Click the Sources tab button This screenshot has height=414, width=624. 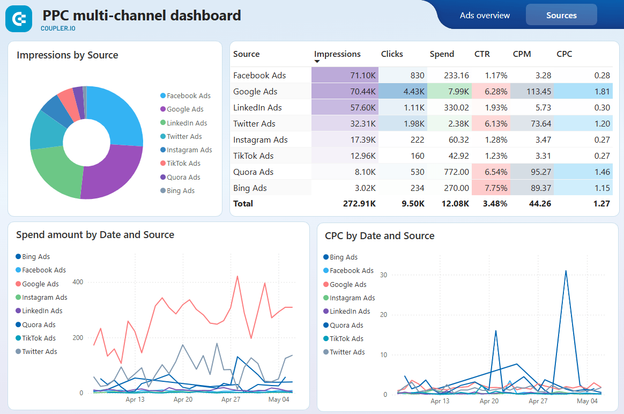pos(561,15)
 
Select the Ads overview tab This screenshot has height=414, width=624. pos(485,15)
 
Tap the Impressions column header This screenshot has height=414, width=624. pos(337,54)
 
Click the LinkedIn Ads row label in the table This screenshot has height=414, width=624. pos(257,107)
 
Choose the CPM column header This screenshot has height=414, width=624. pos(522,54)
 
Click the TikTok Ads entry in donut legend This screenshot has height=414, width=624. pos(183,164)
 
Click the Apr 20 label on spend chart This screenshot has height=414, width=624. pos(183,400)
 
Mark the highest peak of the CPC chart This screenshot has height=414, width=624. pos(566,271)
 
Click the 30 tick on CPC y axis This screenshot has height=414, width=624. pos(383,275)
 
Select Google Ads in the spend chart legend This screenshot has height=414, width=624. pos(40,284)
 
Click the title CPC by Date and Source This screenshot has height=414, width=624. pos(380,236)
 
